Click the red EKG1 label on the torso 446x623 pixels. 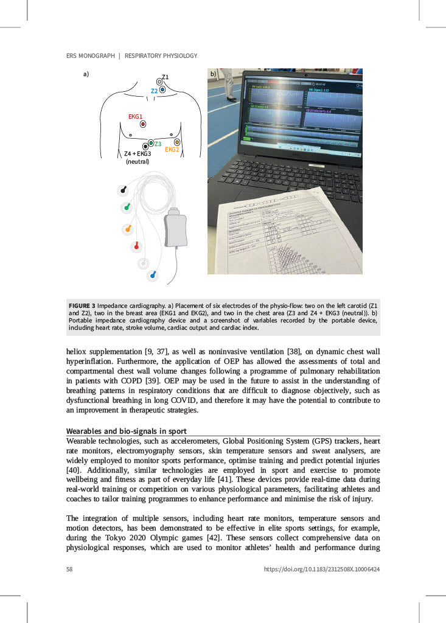(x=135, y=116)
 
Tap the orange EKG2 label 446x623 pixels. (x=172, y=149)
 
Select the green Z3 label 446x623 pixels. (x=158, y=144)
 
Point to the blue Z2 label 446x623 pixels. (x=155, y=91)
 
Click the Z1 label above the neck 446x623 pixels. (x=165, y=77)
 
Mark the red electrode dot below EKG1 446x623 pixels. (x=143, y=124)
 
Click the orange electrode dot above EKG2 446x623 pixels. (x=177, y=142)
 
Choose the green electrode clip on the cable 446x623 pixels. (x=127, y=207)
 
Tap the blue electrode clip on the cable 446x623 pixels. (x=153, y=275)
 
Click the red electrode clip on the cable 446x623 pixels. (x=136, y=246)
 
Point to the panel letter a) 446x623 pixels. (x=86, y=74)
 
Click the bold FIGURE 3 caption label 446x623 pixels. (x=82, y=304)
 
